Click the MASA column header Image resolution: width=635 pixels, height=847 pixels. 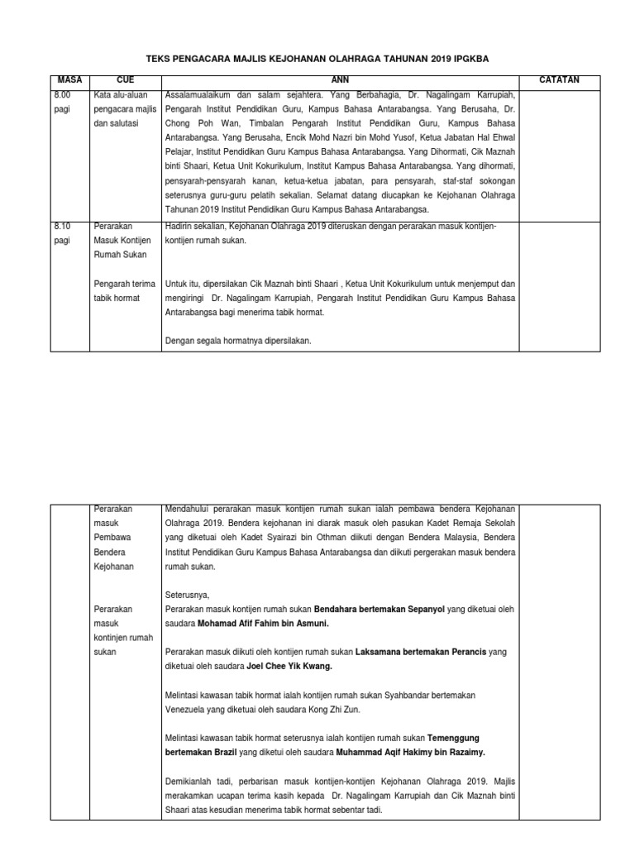65,80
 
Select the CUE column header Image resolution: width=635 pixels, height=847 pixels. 126,80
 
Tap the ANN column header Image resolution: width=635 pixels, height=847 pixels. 341,80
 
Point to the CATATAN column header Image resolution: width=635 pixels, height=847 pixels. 559,80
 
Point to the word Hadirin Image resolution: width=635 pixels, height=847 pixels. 181,226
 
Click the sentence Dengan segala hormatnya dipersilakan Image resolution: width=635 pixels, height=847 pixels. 238,341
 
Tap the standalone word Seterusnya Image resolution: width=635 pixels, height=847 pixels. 188,596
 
